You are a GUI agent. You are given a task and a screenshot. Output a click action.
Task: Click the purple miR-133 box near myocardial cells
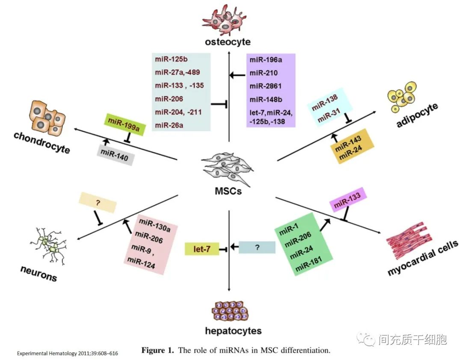click(348, 199)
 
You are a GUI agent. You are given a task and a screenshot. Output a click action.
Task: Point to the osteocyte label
click(228, 42)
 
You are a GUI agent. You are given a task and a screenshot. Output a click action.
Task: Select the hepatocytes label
click(233, 330)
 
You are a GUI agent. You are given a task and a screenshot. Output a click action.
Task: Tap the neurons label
click(38, 274)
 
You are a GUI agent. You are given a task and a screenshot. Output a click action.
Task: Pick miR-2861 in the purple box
click(266, 86)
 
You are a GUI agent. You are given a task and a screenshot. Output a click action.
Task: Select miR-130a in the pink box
click(154, 225)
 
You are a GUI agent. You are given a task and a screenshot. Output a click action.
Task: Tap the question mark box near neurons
click(98, 201)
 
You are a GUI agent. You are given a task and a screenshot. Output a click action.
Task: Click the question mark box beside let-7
click(257, 247)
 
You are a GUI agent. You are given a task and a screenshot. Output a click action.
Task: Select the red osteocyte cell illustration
click(226, 20)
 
